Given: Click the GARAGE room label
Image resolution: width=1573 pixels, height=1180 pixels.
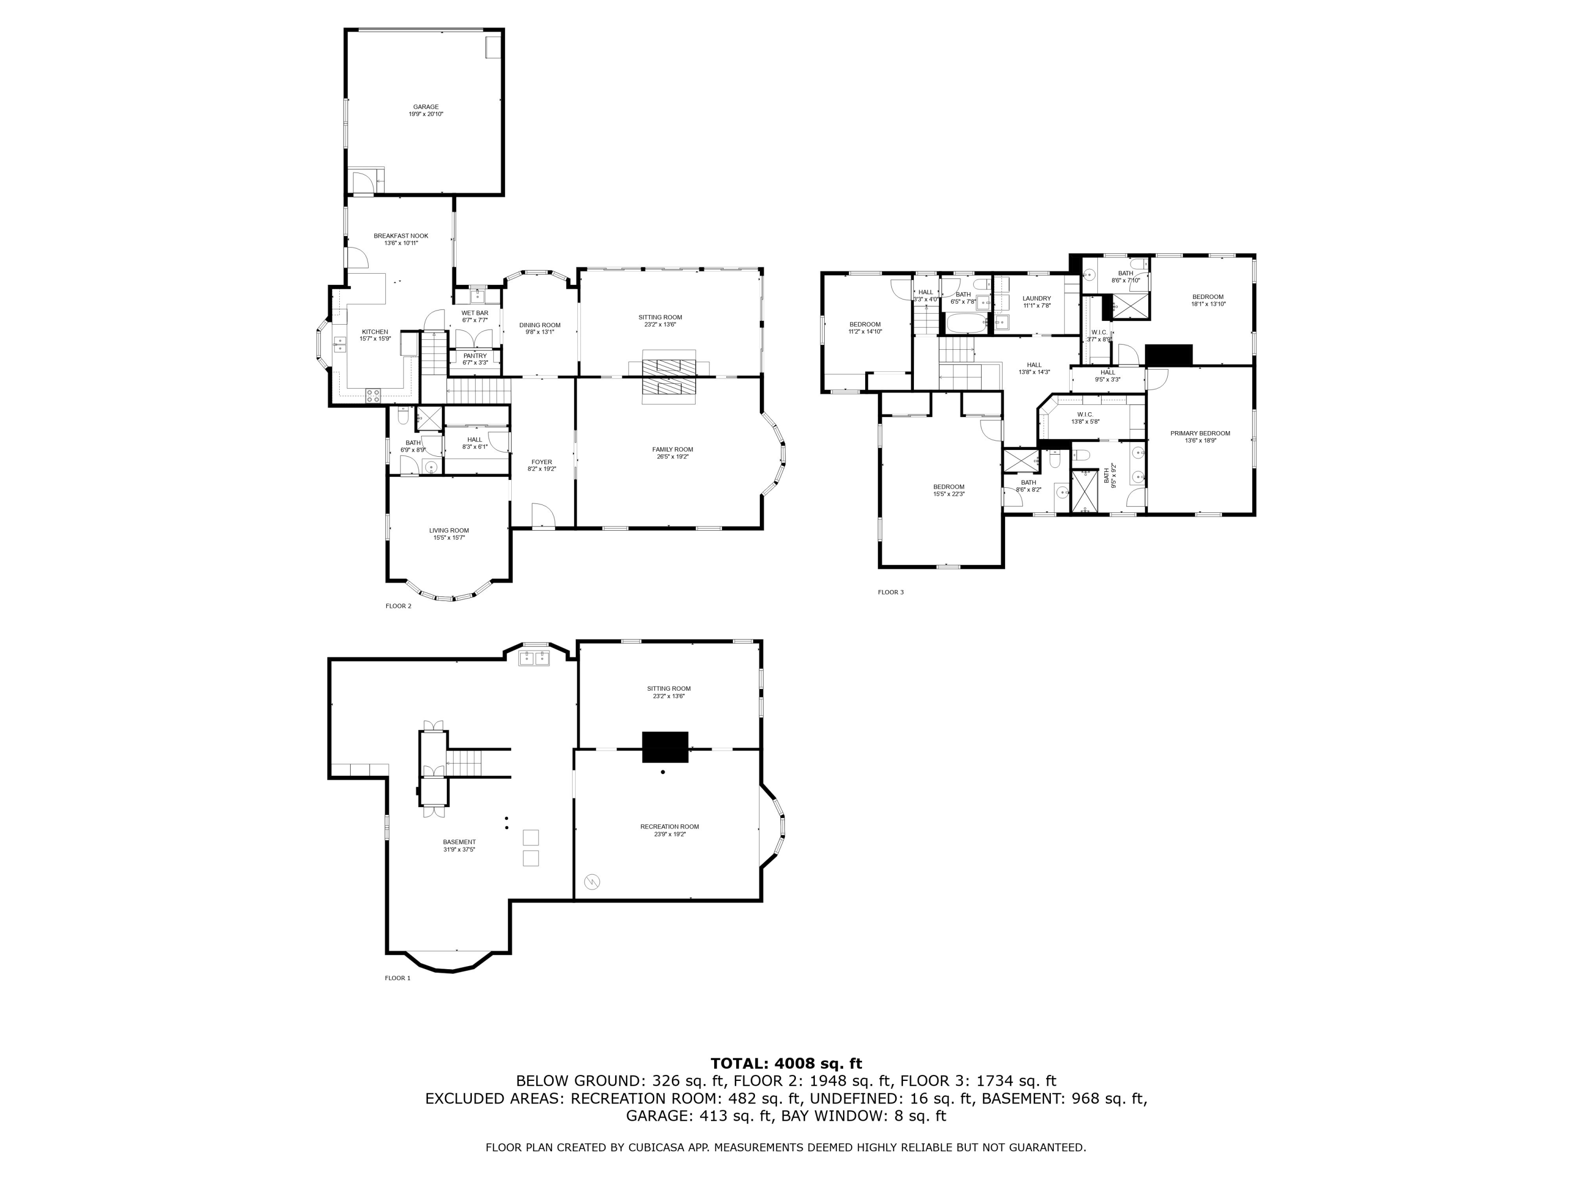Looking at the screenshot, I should coord(425,106).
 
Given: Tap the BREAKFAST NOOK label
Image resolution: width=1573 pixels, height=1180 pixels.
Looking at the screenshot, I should coord(401,235).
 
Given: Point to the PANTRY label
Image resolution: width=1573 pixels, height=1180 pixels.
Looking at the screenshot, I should coord(475,356).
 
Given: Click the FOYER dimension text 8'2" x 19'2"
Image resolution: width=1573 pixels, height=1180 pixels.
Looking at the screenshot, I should coord(541,469).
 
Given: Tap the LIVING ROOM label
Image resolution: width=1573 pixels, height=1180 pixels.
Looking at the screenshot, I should coord(449,530).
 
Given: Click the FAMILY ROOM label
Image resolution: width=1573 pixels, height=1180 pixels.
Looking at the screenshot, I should coord(672,449).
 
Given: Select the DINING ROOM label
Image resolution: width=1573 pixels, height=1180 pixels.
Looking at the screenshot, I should coord(539,325).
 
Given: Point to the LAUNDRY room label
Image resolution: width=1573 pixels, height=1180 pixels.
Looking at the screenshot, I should coord(1036,298).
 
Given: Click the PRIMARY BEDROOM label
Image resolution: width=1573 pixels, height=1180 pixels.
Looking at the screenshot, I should coord(1200,433).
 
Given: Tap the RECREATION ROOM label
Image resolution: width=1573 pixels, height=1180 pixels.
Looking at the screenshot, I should coord(669,826).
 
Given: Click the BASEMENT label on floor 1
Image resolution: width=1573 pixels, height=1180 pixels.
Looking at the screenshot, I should coord(459,841).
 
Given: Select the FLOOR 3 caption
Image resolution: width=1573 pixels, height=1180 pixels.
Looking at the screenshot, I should coord(890,592).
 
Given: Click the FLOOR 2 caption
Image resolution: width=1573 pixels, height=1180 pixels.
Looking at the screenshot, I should coord(398,606).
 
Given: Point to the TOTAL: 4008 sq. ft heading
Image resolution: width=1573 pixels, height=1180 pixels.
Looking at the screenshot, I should coord(786,1064).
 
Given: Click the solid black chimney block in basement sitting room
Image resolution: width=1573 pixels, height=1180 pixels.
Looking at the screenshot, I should coord(665,747).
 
